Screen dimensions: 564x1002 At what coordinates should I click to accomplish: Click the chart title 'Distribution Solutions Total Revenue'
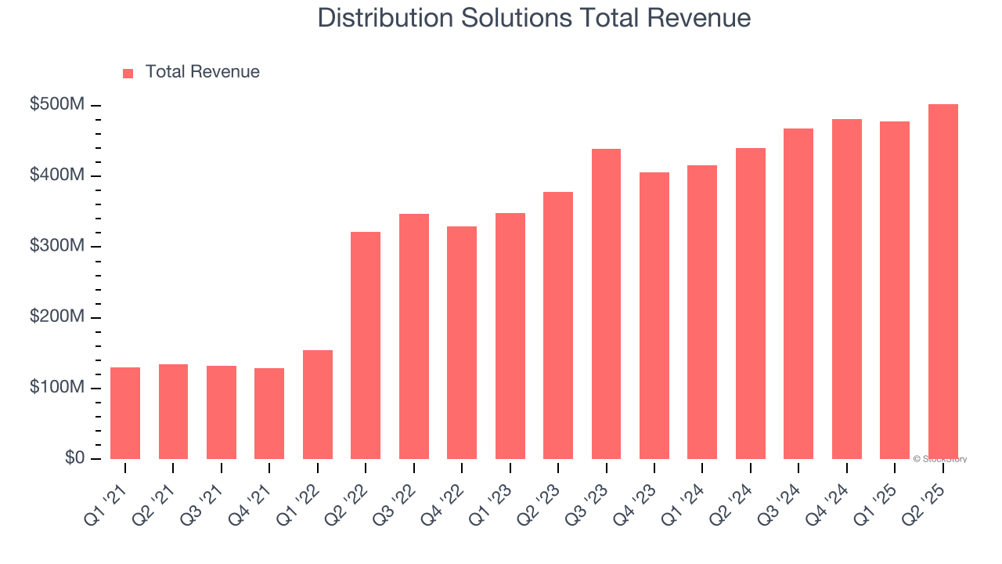click(534, 18)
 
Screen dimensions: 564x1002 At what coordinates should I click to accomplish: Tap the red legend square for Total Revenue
click(128, 73)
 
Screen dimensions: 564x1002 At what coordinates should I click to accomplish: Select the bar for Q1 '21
click(125, 413)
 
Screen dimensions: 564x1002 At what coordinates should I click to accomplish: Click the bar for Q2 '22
click(366, 345)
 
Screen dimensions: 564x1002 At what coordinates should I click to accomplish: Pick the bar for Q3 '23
click(606, 303)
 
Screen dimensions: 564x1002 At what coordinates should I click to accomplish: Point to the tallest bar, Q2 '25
click(943, 281)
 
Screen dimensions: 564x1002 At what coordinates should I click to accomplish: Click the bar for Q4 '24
click(846, 288)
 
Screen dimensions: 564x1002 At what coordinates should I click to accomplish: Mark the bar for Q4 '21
click(269, 413)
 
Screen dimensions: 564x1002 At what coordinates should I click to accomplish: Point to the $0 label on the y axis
click(75, 458)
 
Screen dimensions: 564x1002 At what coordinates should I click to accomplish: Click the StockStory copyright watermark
click(940, 459)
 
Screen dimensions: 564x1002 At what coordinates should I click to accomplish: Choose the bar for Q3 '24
click(798, 293)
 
